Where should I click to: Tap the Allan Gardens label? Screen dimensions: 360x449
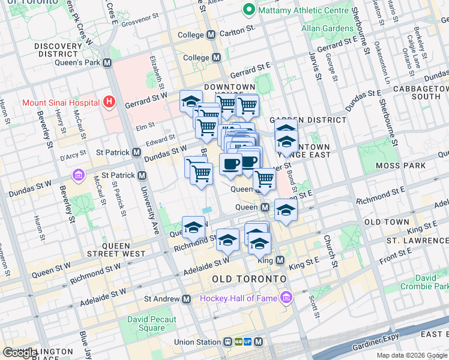pos(327,28)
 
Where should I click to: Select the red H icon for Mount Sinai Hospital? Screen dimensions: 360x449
pos(109,102)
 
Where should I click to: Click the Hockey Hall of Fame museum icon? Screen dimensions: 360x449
pos(286,298)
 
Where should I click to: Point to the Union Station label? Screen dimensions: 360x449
pos(193,342)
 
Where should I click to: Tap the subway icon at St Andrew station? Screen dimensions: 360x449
pos(187,299)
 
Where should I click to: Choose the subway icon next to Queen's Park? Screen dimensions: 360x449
pos(107,62)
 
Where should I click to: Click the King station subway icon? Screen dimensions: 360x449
pos(279,260)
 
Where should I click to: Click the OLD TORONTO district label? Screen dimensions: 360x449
pos(249,280)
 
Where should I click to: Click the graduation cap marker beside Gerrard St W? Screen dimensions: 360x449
pos(191,101)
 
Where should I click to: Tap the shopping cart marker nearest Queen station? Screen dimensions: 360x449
pos(264,178)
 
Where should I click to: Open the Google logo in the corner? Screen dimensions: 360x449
pos(19,353)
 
